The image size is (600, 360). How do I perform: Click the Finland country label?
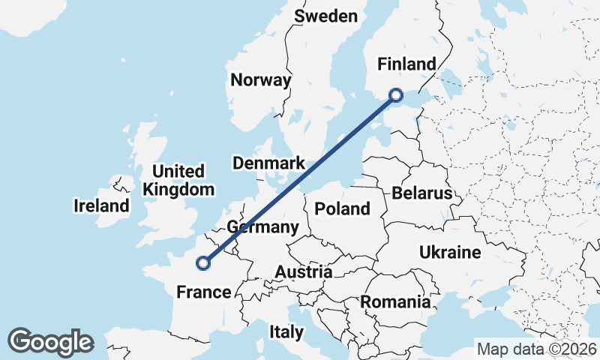click(x=406, y=64)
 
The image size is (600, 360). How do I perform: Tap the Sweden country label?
click(x=325, y=16)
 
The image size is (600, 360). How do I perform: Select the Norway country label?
click(x=260, y=80)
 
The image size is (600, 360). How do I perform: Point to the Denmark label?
click(x=268, y=163)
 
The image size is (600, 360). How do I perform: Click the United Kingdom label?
click(x=178, y=181)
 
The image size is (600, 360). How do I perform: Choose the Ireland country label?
click(x=101, y=205)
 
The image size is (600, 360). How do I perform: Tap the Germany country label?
click(x=262, y=227)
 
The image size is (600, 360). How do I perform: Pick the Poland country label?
click(x=343, y=208)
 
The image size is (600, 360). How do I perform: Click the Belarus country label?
click(x=421, y=193)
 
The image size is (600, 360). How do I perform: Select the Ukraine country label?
click(x=450, y=252)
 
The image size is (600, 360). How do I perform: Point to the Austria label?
click(x=303, y=271)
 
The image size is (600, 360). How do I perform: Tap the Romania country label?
click(x=395, y=302)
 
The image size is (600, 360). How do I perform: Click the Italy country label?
click(x=286, y=331)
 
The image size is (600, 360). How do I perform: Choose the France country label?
click(x=202, y=292)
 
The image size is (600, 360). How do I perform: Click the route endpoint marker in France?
click(x=202, y=262)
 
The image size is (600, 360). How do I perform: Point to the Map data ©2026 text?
click(x=536, y=349)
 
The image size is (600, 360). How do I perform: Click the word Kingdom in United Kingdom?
click(x=178, y=190)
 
